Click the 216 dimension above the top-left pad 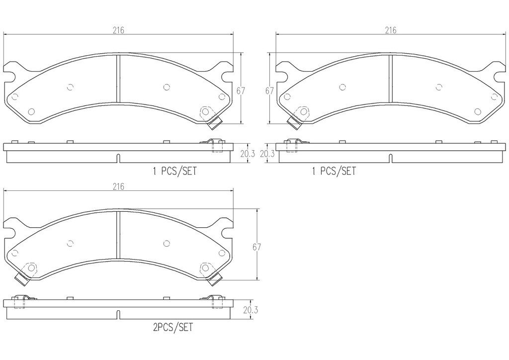point(118,30)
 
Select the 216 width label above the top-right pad point(390,30)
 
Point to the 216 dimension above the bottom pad point(118,187)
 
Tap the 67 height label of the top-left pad point(241,90)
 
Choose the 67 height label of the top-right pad point(269,90)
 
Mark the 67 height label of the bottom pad point(256,247)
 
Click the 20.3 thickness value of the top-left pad point(247,154)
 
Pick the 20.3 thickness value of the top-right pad point(267,154)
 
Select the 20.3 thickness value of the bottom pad point(250,310)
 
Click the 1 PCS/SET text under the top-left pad point(174,172)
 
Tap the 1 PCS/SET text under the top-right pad point(334,172)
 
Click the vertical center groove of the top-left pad point(118,79)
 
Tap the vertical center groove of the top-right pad point(391,79)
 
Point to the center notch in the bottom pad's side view point(118,314)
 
